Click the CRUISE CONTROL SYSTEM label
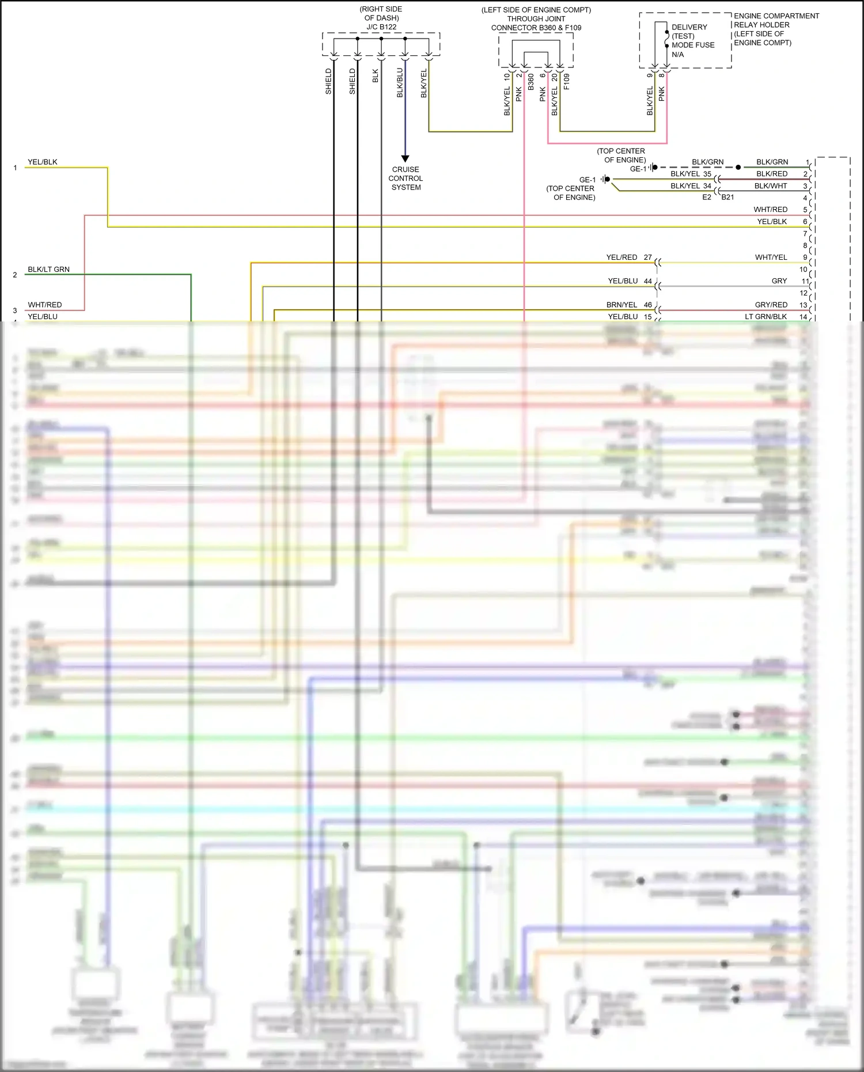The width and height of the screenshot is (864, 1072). tap(406, 178)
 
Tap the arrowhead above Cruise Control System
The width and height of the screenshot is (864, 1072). tap(405, 158)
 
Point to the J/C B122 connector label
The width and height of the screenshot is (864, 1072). tap(381, 26)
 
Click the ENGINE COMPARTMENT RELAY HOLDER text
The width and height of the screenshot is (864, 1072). tap(775, 20)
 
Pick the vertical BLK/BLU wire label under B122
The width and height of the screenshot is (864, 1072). tap(400, 83)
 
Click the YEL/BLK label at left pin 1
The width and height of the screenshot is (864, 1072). tap(43, 162)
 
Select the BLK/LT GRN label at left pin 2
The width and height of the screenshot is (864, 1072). tap(48, 269)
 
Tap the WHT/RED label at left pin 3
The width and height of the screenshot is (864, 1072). tap(44, 305)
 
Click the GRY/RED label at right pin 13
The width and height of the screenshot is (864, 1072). tap(771, 305)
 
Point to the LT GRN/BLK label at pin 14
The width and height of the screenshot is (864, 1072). tap(766, 316)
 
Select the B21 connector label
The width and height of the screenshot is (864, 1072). tap(727, 197)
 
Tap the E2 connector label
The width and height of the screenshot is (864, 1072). tap(706, 197)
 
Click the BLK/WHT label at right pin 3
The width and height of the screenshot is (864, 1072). tap(770, 185)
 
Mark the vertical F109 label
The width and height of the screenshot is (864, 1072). tap(566, 81)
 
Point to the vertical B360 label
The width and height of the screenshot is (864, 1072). tap(530, 84)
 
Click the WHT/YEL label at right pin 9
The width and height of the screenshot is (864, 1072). tap(771, 257)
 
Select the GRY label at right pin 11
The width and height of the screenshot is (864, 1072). tap(779, 281)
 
